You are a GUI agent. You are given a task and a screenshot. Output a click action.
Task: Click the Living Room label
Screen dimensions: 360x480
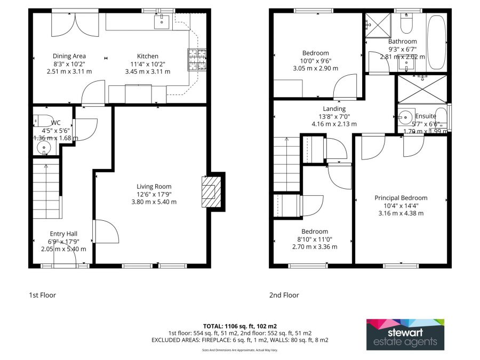(x=154, y=186)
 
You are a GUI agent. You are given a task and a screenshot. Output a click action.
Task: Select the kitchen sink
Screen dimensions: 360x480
(x=162, y=21)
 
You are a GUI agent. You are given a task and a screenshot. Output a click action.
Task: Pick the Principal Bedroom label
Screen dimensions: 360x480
(x=401, y=198)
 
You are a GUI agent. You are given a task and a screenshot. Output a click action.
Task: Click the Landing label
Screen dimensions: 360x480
(x=334, y=109)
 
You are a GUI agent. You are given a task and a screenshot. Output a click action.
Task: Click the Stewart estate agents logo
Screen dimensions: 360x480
(x=405, y=334)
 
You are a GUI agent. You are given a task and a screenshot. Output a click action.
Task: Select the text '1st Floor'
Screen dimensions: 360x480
(x=42, y=295)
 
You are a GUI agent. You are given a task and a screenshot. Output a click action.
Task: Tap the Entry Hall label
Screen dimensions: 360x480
(x=63, y=234)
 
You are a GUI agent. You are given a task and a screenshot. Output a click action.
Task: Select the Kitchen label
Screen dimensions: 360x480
(x=148, y=56)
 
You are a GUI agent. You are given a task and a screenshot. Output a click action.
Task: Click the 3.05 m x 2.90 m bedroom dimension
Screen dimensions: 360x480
(x=315, y=68)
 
